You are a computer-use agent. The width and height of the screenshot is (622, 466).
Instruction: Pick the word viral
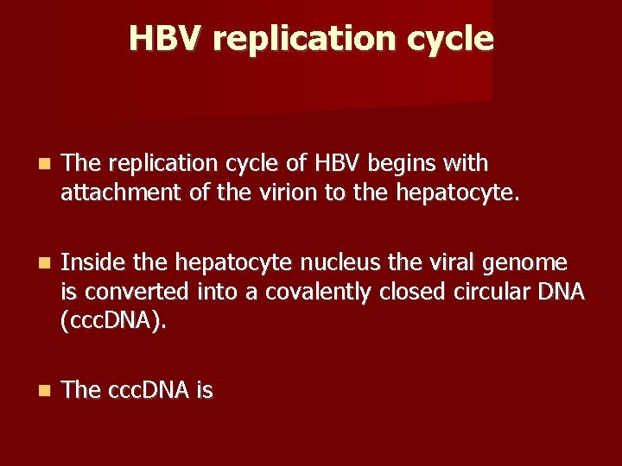tap(463, 262)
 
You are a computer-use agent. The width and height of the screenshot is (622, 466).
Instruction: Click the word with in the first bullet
tap(466, 163)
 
